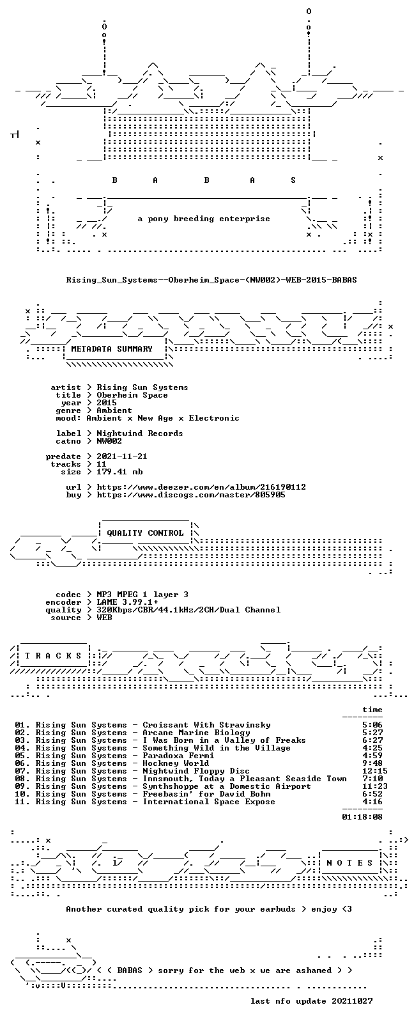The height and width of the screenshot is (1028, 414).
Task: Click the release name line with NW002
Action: click(x=211, y=279)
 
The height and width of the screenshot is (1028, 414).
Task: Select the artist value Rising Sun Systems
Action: click(x=142, y=387)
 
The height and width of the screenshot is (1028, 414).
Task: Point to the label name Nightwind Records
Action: click(x=140, y=433)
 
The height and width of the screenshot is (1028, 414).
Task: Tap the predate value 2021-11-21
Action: click(x=122, y=456)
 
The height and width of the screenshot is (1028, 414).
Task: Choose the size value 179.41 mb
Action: click(x=119, y=472)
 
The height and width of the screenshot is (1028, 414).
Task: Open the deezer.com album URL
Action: click(x=201, y=487)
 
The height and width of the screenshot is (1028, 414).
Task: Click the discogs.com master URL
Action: click(x=191, y=495)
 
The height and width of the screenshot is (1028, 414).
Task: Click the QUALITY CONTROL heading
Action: click(x=145, y=533)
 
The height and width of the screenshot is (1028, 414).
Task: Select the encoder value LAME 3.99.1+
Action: click(x=127, y=602)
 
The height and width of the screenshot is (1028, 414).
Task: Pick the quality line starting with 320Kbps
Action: click(x=188, y=610)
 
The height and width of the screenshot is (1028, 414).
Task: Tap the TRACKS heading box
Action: click(x=53, y=656)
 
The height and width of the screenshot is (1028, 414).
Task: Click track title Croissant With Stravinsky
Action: click(x=206, y=725)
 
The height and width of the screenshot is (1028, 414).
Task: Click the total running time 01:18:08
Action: click(x=362, y=817)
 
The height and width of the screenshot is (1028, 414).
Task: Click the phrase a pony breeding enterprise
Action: click(x=204, y=219)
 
